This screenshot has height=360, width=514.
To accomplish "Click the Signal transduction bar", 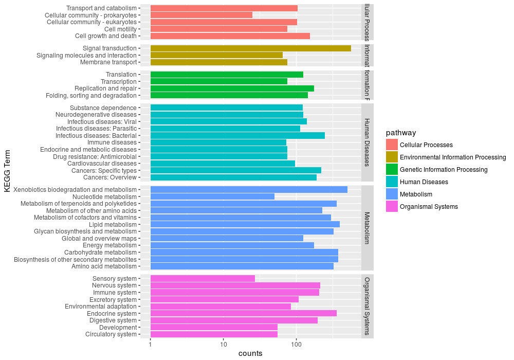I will coord(250,48).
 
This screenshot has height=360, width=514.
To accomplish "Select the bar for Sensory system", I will coord(203,278).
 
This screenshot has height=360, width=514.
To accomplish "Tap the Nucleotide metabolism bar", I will coord(212,196).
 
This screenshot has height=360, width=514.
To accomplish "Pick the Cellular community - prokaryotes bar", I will coord(201,15).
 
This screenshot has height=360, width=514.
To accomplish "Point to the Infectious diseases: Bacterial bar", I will coord(237,135).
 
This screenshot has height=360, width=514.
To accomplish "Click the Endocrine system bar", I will coord(243,313).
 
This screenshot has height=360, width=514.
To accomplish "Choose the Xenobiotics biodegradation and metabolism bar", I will coord(249,189).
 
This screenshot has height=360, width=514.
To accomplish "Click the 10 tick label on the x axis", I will coord(223,344).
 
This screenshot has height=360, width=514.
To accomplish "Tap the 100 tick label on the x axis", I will coord(296,344).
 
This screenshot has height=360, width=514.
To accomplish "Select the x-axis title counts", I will coord(250,353).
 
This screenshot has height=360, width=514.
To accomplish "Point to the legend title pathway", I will coord(400,133).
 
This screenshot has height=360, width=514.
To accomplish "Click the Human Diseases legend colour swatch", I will coord(392,182).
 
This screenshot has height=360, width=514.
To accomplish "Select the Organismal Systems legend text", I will coord(429,207).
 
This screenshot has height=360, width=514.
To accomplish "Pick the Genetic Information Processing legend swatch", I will coord(392,169).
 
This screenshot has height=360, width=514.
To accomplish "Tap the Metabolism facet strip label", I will coord(368,227).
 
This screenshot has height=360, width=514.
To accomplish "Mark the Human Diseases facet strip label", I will coord(368,142).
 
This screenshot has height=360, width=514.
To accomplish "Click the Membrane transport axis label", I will coord(108,62).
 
